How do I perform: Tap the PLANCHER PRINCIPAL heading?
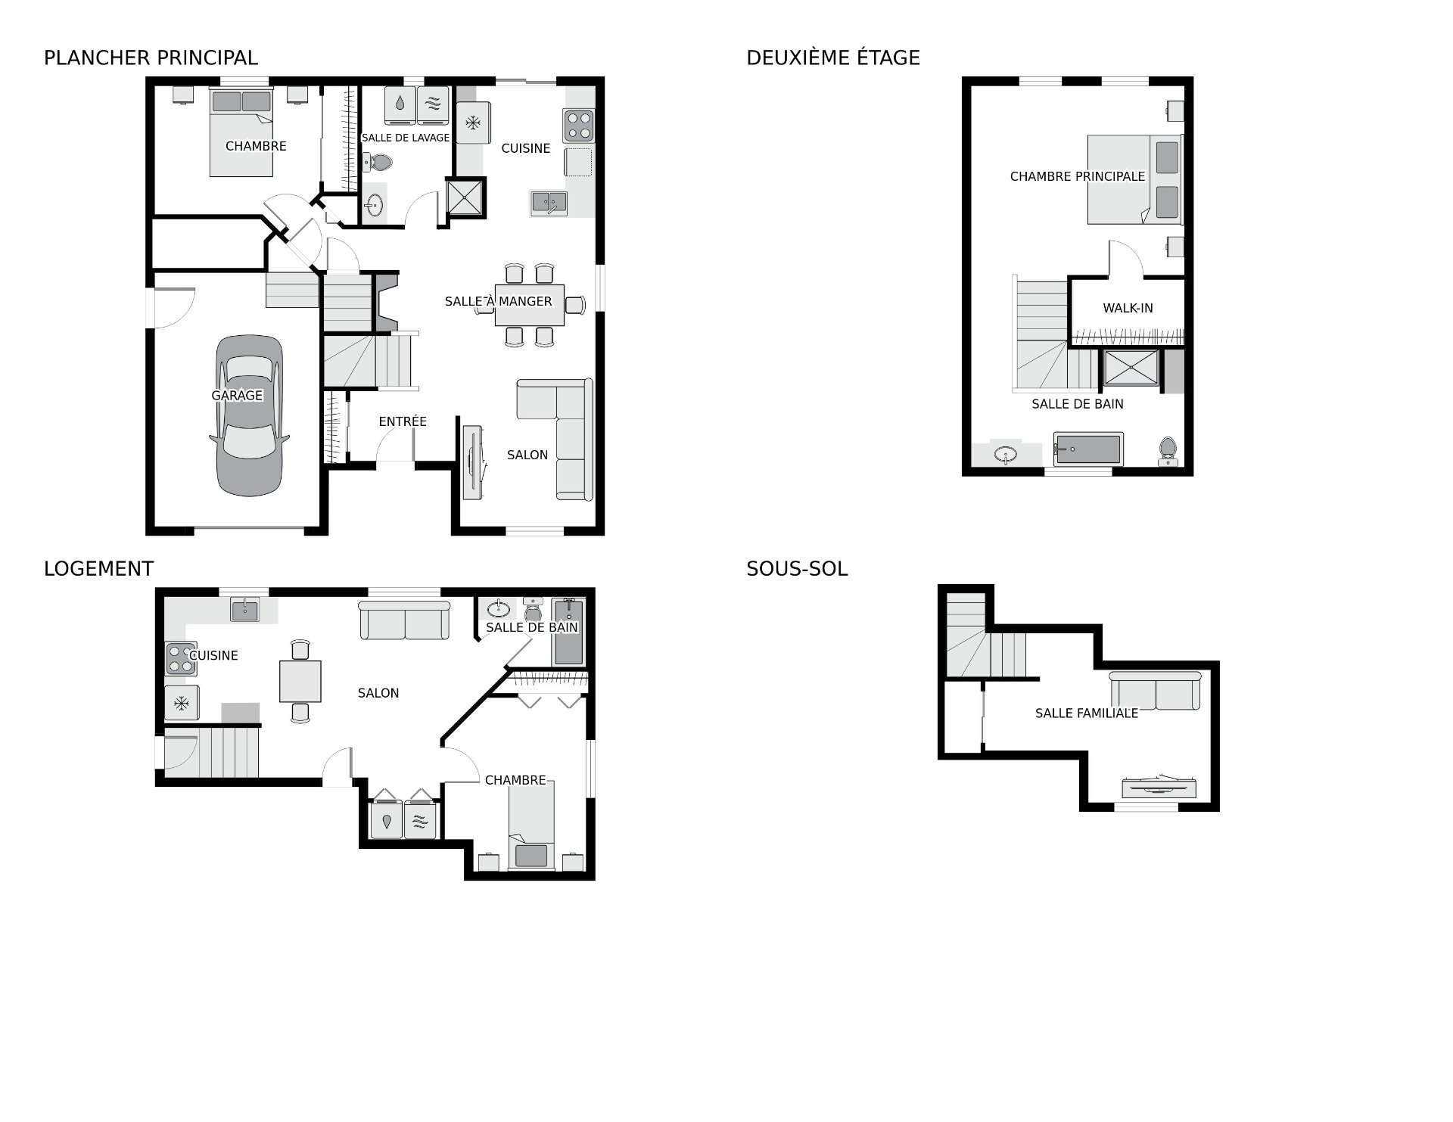coord(151,58)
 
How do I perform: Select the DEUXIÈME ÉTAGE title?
coord(833,58)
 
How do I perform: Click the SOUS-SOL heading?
coord(797,569)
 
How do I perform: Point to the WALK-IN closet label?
coord(1128,308)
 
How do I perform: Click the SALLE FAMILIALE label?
coord(1087,713)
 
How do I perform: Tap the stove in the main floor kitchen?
coord(578,126)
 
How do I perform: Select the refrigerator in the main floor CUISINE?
coord(474,122)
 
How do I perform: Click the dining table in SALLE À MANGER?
coord(529,305)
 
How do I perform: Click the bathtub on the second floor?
coord(1088,449)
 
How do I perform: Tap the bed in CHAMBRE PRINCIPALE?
coord(1134,179)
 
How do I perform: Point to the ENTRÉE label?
coord(403,421)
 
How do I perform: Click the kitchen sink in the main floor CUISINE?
coord(549,203)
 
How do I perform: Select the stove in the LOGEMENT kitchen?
coord(181,658)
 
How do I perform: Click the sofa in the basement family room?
coord(1155,691)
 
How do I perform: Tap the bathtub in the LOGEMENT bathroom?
coord(568,632)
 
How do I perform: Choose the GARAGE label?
coord(237,395)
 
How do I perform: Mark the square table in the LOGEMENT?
coord(300,681)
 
